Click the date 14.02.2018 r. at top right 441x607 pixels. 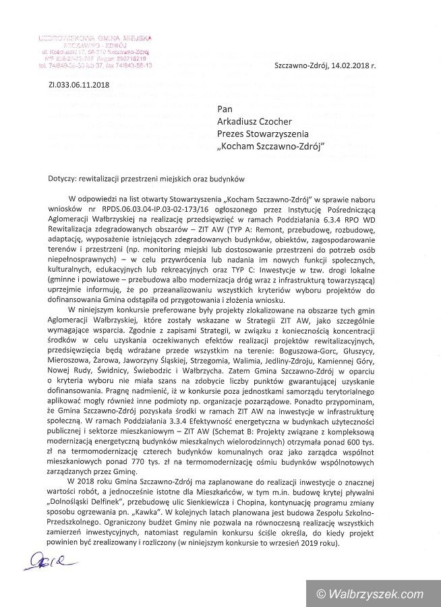(351, 66)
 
